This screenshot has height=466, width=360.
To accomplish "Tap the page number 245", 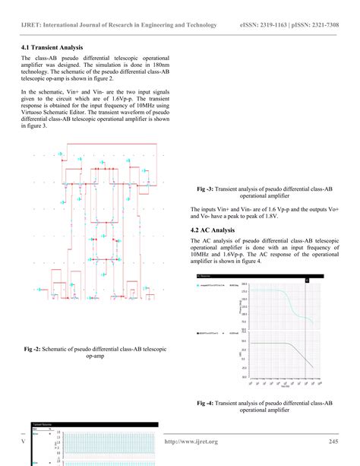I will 333,442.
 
